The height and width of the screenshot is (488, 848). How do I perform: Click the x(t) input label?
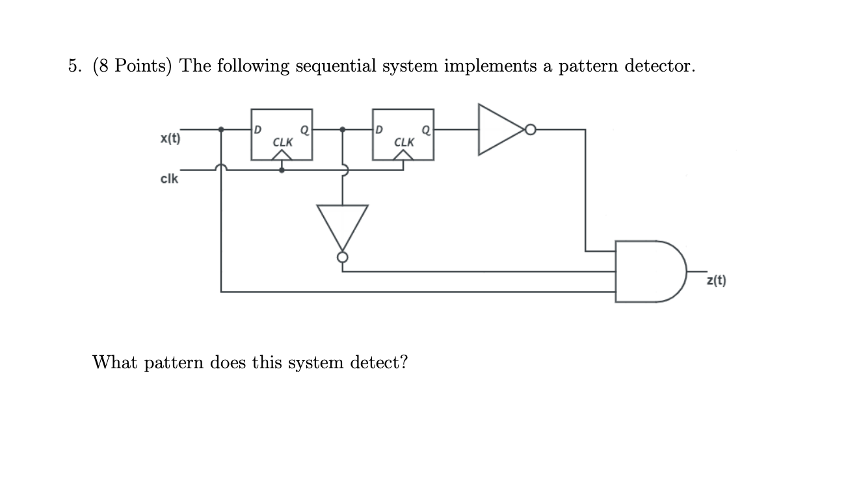(x=170, y=139)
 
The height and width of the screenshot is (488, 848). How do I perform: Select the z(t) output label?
(x=716, y=281)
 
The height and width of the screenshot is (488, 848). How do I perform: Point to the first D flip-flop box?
(x=282, y=135)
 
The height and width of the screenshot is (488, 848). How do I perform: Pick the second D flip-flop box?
(x=403, y=135)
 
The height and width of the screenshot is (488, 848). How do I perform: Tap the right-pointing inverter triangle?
(x=499, y=129)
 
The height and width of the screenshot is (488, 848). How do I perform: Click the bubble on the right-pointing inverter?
(x=530, y=130)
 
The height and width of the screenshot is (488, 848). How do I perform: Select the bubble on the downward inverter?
(x=343, y=258)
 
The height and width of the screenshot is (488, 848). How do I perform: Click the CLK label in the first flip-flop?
(x=282, y=141)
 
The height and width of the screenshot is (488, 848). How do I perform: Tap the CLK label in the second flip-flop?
(x=404, y=141)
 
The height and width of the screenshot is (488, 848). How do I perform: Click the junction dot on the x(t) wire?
(x=222, y=129)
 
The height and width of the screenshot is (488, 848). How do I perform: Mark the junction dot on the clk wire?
(x=282, y=170)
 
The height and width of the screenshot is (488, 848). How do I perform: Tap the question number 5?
(x=74, y=66)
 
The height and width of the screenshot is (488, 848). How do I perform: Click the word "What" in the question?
(x=115, y=362)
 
